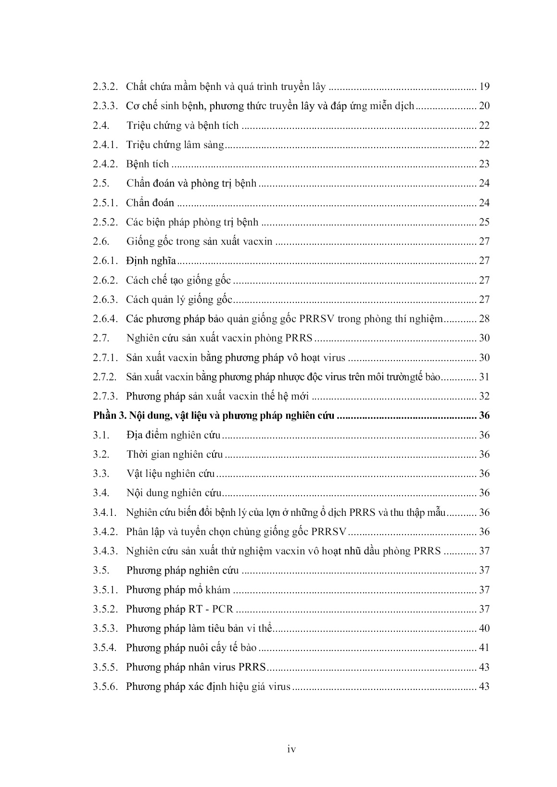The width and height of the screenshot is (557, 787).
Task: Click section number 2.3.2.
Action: [x=105, y=87]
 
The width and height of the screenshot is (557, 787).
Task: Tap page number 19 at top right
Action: [x=484, y=87]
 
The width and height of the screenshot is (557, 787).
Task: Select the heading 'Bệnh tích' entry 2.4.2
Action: [x=147, y=164]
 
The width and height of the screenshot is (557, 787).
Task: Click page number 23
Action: [x=484, y=164]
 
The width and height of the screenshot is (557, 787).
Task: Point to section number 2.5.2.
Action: [x=105, y=222]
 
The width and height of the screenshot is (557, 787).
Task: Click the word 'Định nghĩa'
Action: [x=151, y=261]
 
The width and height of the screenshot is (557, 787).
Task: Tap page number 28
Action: [x=484, y=319]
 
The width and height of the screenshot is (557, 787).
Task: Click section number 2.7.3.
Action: [x=105, y=396]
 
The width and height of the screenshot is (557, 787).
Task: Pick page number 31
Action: [x=484, y=377]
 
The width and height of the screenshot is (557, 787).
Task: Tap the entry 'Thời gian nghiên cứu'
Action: [x=175, y=454]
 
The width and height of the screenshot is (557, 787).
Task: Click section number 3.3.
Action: [x=101, y=474]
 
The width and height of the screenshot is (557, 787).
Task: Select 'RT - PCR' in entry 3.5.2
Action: [x=210, y=609]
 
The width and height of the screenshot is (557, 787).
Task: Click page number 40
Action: [x=484, y=628]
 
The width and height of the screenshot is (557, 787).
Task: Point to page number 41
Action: [x=484, y=648]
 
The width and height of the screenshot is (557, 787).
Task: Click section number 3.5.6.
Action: [x=105, y=687]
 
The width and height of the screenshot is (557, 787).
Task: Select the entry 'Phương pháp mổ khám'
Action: [x=178, y=590]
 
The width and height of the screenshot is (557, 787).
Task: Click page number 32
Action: [x=484, y=396]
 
